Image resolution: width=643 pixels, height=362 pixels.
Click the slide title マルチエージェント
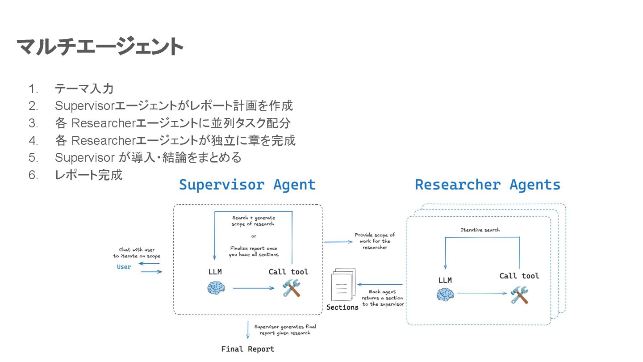[100, 47]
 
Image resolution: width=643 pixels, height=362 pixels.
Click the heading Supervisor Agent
[247, 185]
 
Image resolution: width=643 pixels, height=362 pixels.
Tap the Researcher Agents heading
[488, 185]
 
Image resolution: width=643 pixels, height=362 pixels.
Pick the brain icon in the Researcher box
[445, 294]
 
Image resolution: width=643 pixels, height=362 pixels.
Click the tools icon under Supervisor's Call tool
[292, 288]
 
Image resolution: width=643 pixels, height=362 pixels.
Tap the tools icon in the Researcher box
[519, 295]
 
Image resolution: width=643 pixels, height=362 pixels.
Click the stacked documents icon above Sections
[342, 285]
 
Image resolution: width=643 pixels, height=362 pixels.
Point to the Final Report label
[248, 349]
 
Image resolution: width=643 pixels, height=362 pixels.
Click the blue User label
[124, 267]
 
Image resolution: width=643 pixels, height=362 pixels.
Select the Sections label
[342, 307]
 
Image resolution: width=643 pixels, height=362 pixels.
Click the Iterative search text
[480, 230]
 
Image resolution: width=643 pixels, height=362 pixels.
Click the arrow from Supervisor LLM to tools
[253, 288]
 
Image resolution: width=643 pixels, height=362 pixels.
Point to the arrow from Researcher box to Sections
[381, 284]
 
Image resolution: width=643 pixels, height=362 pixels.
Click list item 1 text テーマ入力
[84, 88]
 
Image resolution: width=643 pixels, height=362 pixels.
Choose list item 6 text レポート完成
[88, 175]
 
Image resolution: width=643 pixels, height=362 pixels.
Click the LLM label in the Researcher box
[445, 280]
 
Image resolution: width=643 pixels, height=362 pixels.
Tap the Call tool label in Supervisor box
[288, 272]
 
